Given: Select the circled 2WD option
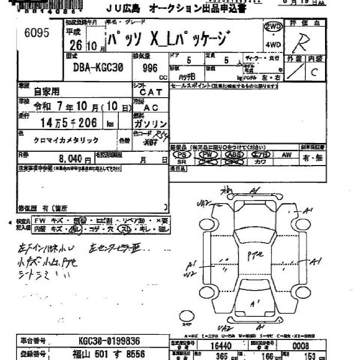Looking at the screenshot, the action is (x=273, y=27).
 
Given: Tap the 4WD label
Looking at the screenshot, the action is (x=273, y=45).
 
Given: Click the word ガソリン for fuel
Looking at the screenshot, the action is (x=150, y=124).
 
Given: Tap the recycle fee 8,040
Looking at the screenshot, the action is (x=75, y=159).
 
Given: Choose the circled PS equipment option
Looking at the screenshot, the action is (x=182, y=154).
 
